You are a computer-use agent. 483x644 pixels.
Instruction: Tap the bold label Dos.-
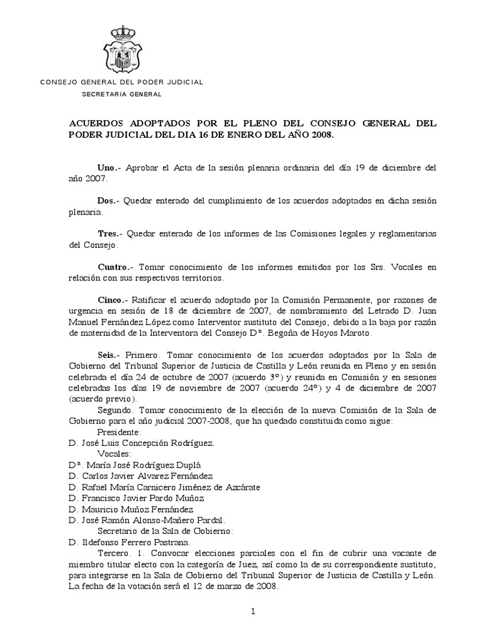coord(109,201)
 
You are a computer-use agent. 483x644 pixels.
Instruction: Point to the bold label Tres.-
coord(111,234)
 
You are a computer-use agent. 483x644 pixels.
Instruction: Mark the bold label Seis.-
coord(110,355)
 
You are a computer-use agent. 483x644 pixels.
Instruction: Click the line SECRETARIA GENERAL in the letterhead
coord(122,94)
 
